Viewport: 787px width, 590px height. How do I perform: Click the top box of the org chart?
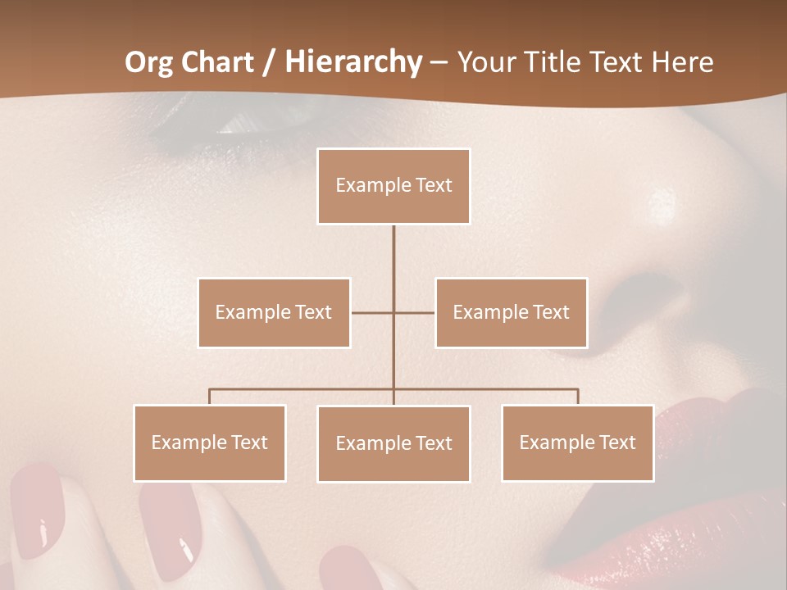pos(393,186)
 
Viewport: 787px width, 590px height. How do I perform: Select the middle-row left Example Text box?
pos(274,312)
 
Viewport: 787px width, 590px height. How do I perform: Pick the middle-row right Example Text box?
pos(511,312)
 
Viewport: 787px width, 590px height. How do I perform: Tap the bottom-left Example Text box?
pos(210,442)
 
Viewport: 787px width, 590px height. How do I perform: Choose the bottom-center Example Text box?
pos(393,443)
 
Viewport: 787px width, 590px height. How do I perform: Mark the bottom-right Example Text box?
pos(577,442)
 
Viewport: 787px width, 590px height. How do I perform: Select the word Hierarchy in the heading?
pos(353,62)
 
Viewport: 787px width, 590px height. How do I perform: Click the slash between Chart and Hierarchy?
pos(269,62)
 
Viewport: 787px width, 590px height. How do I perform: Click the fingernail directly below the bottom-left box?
pos(172,524)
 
